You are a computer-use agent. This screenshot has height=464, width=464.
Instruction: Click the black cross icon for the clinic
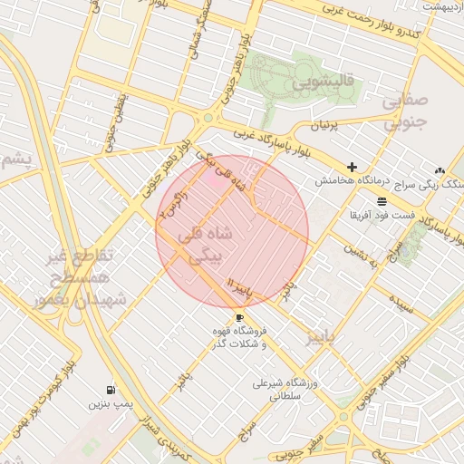352,167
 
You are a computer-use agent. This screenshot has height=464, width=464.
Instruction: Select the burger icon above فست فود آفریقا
382,199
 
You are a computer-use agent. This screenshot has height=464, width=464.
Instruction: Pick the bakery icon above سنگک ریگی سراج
440,169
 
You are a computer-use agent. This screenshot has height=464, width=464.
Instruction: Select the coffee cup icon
239,317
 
